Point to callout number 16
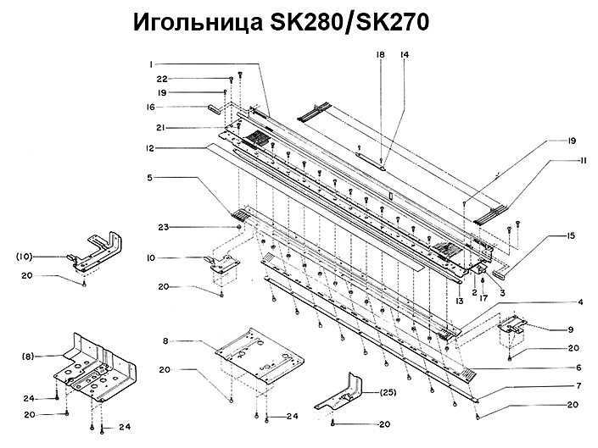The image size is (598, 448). (x=151, y=108)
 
